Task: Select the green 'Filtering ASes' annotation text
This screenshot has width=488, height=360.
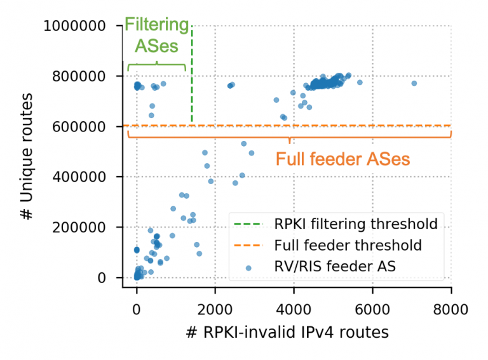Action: click(x=156, y=36)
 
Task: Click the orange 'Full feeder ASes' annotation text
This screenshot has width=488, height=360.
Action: click(x=342, y=158)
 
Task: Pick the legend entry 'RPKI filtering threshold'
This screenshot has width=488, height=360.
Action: click(x=356, y=223)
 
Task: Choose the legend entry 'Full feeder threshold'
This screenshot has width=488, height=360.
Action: click(x=348, y=245)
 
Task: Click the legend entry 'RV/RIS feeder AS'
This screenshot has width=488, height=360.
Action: click(x=335, y=267)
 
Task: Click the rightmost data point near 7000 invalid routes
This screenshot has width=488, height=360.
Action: click(x=414, y=83)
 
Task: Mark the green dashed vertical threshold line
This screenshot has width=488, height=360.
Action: click(x=192, y=76)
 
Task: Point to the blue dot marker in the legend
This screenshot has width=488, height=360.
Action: click(x=248, y=267)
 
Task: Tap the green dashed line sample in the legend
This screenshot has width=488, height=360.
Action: click(x=248, y=224)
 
